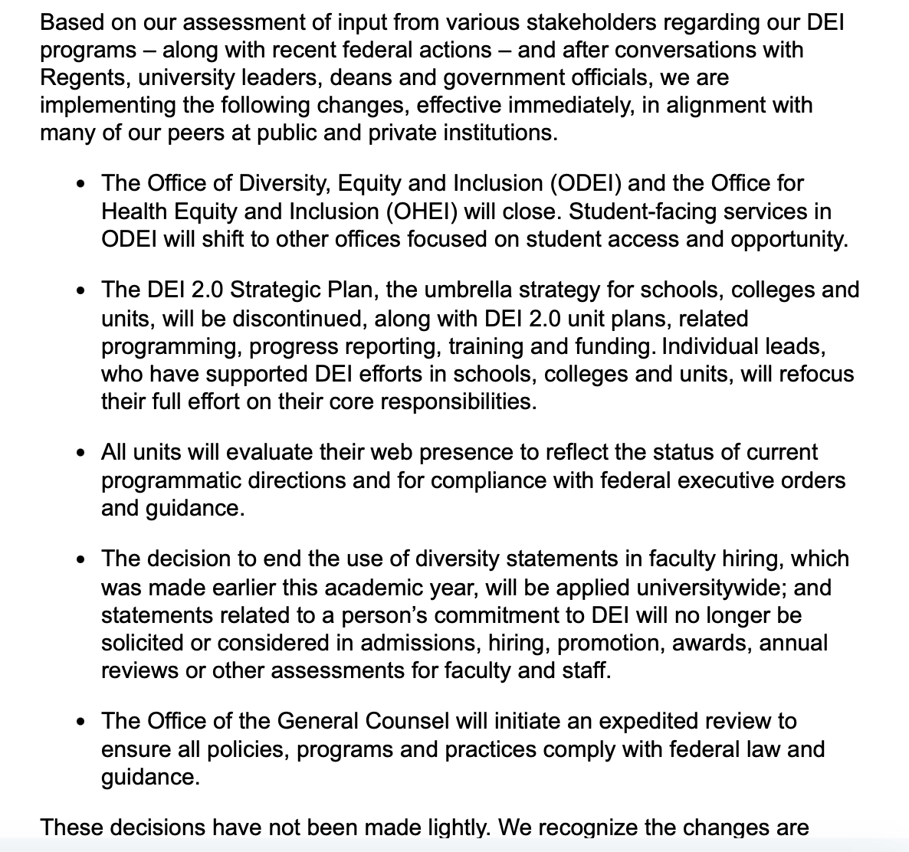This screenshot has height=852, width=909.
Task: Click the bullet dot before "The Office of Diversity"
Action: (x=81, y=184)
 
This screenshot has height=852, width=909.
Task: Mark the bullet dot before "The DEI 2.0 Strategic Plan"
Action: (x=81, y=291)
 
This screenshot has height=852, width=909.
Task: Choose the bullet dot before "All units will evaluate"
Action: (x=81, y=453)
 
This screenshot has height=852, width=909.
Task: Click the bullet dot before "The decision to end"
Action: (x=81, y=559)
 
